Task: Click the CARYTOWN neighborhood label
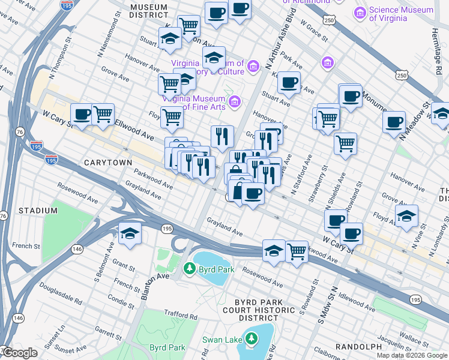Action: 103,163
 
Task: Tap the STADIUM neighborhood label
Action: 38,211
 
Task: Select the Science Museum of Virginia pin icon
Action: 361,13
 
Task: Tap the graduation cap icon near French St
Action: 129,233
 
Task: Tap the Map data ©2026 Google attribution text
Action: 412,355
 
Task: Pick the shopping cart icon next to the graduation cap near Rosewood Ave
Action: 297,251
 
